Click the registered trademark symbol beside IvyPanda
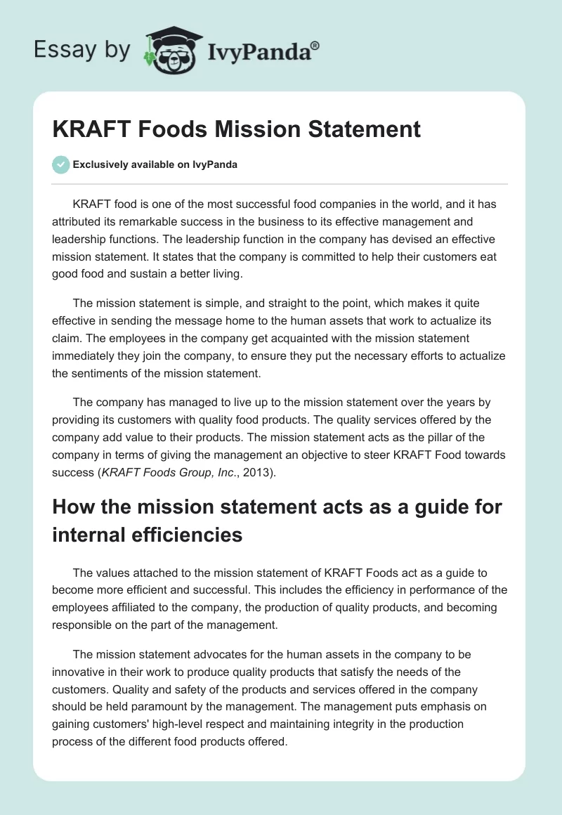click(315, 46)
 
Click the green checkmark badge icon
click(60, 164)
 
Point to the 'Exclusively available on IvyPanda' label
click(155, 164)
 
